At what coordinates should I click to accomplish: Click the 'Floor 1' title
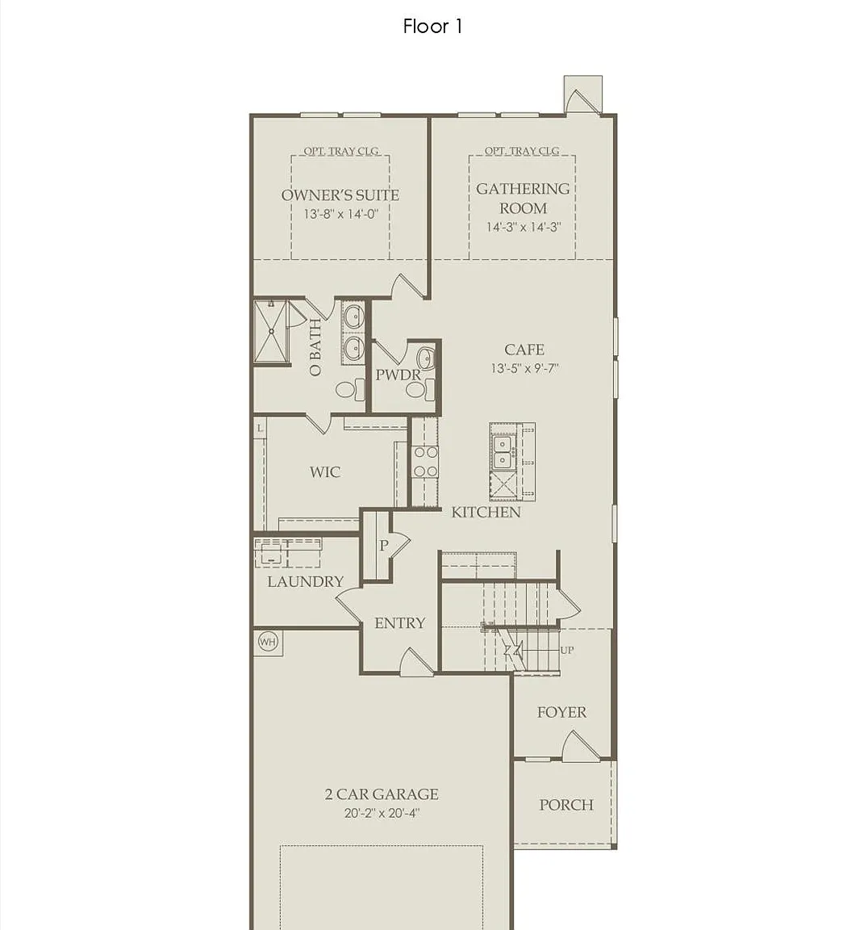[432, 26]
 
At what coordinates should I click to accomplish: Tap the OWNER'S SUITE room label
[340, 195]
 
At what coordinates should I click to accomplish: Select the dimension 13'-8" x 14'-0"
[340, 214]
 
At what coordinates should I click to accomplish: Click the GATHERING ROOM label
[523, 198]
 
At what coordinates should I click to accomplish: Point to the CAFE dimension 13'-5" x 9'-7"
[524, 368]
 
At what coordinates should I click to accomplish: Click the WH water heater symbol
[268, 642]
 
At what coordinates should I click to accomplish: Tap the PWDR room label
[399, 375]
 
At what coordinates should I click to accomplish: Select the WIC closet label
[324, 472]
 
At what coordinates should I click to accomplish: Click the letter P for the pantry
[383, 545]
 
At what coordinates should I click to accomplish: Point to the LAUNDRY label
[305, 581]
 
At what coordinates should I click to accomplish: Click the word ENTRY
[400, 622]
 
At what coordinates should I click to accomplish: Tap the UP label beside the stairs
[567, 650]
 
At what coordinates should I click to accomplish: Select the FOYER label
[561, 712]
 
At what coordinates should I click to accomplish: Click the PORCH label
[565, 805]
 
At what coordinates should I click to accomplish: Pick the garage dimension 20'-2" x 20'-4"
[382, 813]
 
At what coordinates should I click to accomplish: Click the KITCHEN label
[486, 513]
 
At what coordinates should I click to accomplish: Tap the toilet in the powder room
[419, 390]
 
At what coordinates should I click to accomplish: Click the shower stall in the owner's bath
[271, 332]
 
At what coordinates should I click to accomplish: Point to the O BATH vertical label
[315, 348]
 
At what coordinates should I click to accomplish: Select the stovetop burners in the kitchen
[425, 462]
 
